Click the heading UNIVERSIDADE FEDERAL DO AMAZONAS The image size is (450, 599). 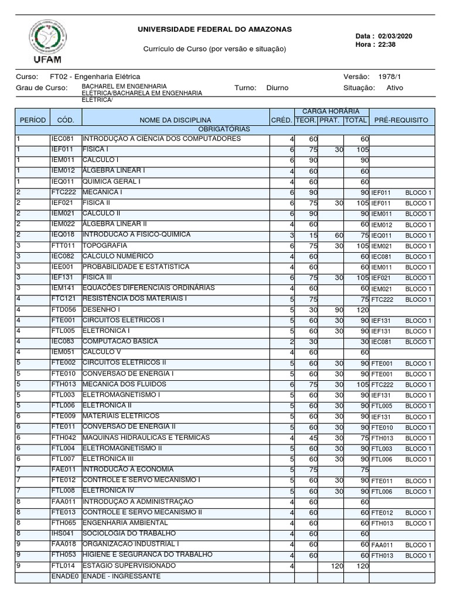tap(214, 29)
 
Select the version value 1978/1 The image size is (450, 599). tap(390, 77)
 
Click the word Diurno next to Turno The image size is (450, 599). tap(277, 88)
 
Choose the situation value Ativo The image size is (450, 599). tap(395, 88)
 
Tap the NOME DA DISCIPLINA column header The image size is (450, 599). tap(175, 120)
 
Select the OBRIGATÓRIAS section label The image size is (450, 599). tap(224, 129)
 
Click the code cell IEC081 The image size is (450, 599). tap(63, 139)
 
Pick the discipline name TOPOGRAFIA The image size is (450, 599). tap(105, 245)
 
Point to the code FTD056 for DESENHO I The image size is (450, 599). tap(63, 309)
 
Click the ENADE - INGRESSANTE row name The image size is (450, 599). tap(121, 576)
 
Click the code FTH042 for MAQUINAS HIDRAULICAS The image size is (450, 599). tap(63, 437)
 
